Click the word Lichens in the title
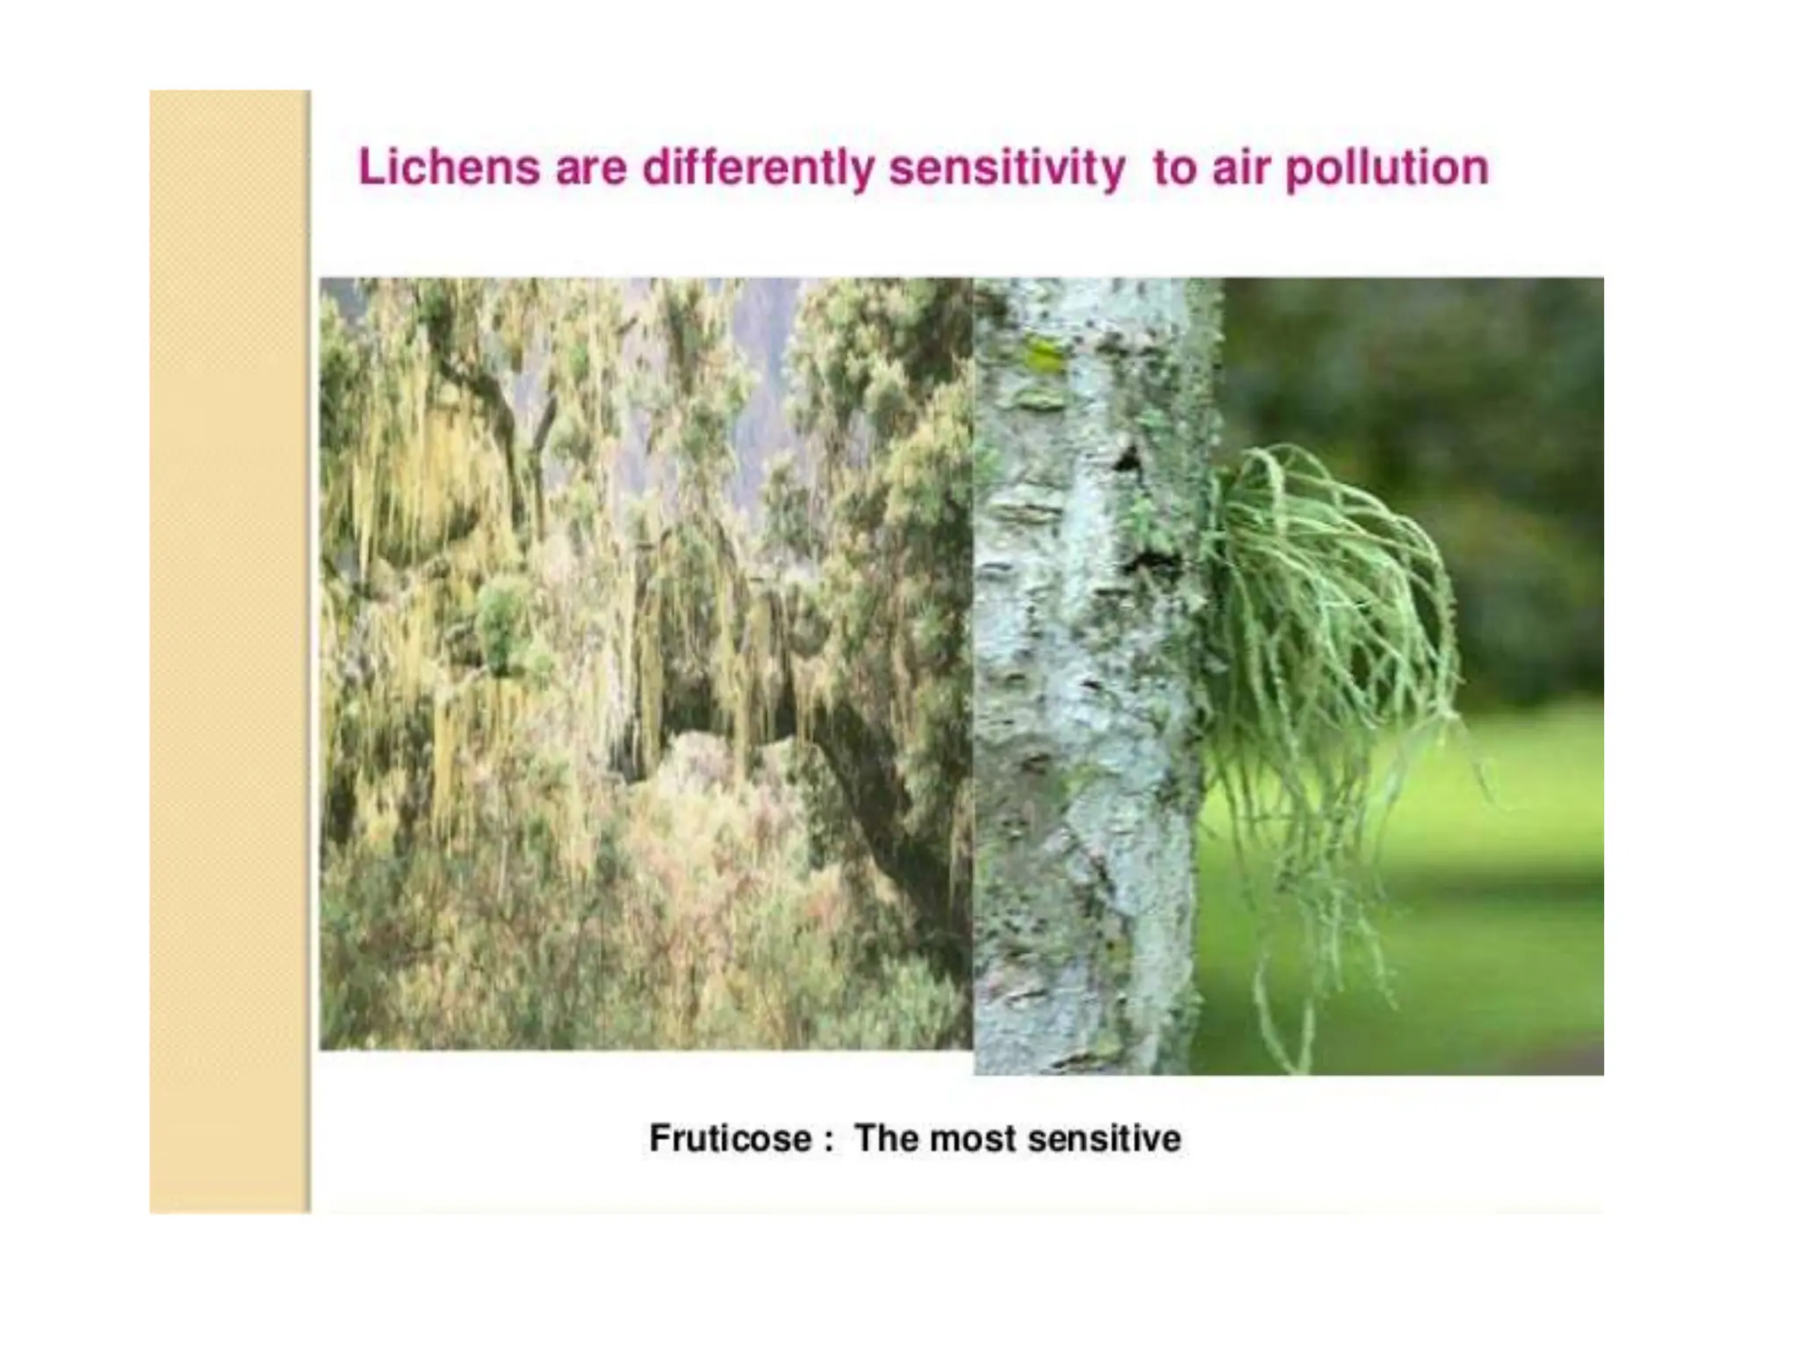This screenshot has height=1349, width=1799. pyautogui.click(x=448, y=168)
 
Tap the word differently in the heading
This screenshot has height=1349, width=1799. pyautogui.click(x=757, y=168)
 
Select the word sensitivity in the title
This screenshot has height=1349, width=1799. pyautogui.click(x=1007, y=168)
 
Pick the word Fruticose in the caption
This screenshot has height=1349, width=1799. pyautogui.click(x=730, y=1138)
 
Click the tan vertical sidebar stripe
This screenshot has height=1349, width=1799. pyautogui.click(x=229, y=650)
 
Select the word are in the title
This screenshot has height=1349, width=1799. pyautogui.click(x=590, y=168)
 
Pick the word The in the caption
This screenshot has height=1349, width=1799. pyautogui.click(x=886, y=1138)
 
